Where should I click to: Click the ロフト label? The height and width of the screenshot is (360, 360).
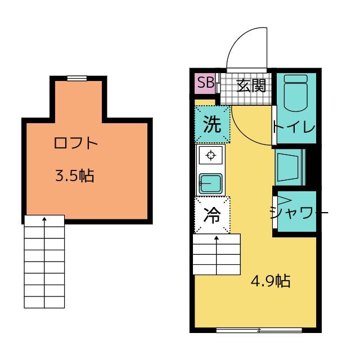tap(76, 143)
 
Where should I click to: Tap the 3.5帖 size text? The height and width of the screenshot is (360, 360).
tap(74, 176)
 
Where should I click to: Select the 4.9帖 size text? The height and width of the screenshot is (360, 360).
tap(270, 281)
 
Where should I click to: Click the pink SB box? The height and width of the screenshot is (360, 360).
tap(205, 84)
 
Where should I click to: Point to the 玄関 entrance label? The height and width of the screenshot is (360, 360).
tap(250, 85)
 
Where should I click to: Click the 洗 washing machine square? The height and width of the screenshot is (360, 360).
tap(212, 125)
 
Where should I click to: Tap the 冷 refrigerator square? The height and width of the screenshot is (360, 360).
tap(212, 215)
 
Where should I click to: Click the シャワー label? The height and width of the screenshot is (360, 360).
tap(297, 213)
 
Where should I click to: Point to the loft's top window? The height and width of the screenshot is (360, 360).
tap(76, 78)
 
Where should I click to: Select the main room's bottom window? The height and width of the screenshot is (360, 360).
tap(259, 330)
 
